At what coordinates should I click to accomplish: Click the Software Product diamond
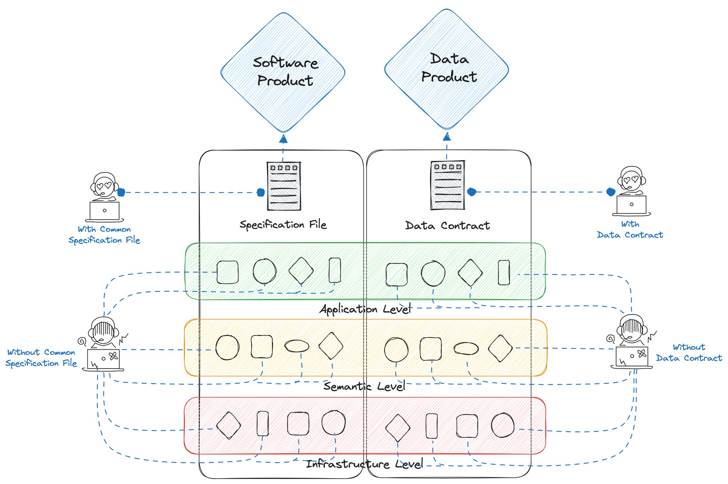click(x=283, y=72)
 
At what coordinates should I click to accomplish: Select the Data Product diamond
click(x=447, y=69)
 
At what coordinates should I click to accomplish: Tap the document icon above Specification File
click(x=284, y=186)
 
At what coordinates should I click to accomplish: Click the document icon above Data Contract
click(x=448, y=185)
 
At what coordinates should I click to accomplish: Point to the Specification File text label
click(x=283, y=225)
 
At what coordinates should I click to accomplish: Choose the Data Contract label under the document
click(x=447, y=226)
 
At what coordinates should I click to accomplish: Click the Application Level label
click(x=365, y=310)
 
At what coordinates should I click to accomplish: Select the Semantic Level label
click(x=364, y=386)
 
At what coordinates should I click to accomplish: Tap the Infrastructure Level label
click(x=364, y=464)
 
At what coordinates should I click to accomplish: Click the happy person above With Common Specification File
click(x=104, y=197)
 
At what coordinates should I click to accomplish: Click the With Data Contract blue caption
click(x=630, y=230)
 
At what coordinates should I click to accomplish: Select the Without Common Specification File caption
click(x=41, y=358)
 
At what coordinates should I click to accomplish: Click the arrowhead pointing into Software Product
click(x=283, y=139)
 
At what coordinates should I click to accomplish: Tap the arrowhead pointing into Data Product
click(x=447, y=137)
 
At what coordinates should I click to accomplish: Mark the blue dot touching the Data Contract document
click(x=472, y=192)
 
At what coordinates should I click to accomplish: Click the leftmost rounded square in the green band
click(x=227, y=272)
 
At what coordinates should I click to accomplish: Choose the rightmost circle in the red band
click(x=503, y=425)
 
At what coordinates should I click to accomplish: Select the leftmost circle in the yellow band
click(x=227, y=347)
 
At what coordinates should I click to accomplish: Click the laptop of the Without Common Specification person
click(x=104, y=359)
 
